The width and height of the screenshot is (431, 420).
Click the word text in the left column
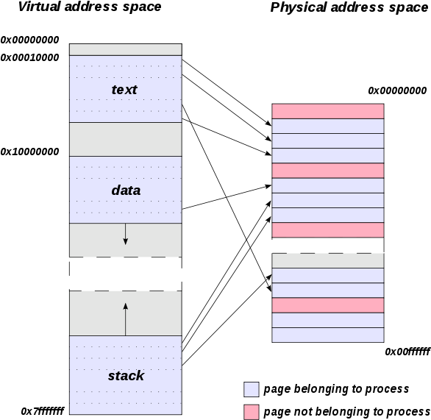pos(124,90)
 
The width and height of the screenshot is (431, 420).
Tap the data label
pos(126,190)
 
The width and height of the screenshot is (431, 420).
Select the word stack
pos(126,375)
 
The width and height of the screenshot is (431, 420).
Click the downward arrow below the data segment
pos(126,234)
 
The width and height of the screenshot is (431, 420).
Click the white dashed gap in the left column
pos(126,274)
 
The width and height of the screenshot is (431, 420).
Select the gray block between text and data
pos(126,139)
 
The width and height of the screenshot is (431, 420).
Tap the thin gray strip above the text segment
pos(126,49)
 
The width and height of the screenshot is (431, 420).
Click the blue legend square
pos(252,389)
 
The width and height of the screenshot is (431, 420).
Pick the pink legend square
pos(252,412)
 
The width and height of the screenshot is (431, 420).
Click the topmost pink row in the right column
pos(328,111)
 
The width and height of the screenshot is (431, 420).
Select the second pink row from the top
pos(328,171)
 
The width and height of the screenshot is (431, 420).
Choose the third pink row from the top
pos(328,230)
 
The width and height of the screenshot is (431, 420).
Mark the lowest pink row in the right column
pos(328,305)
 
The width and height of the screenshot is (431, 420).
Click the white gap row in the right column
pos(328,245)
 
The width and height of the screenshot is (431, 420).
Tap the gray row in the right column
pos(328,260)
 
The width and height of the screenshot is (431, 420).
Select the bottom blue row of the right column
pos(328,335)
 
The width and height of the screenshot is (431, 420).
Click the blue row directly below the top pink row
pos(328,126)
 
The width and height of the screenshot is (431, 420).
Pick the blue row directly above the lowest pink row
pos(328,291)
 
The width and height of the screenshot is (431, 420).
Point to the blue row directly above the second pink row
pos(328,156)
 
